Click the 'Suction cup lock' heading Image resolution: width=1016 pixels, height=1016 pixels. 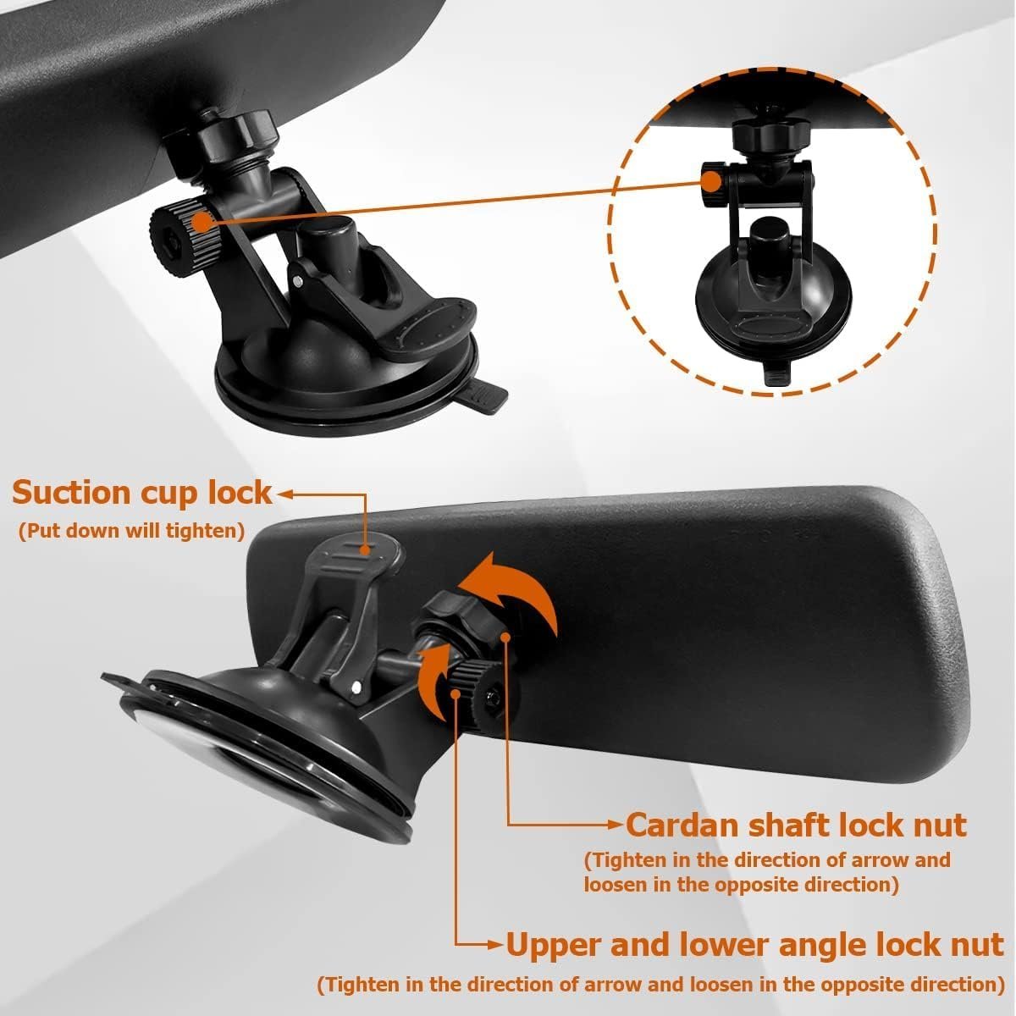coord(142,494)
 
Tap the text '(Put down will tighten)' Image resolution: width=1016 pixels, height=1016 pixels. coord(132,531)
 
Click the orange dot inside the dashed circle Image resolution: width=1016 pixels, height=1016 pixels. coord(712,182)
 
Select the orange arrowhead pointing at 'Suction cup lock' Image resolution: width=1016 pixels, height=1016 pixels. coord(284,494)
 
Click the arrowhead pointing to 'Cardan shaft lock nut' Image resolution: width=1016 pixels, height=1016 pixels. coord(616,825)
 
